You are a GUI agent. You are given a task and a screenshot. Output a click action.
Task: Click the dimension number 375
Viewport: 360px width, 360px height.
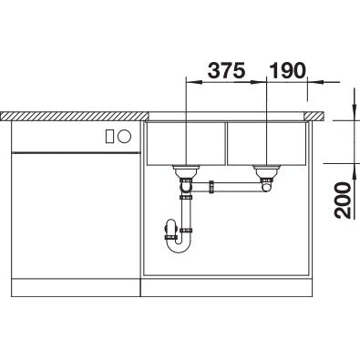point(226,70)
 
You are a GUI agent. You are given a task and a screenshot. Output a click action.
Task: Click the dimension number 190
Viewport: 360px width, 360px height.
point(286,70)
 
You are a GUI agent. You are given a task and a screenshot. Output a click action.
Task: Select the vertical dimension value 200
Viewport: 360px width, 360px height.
point(343,198)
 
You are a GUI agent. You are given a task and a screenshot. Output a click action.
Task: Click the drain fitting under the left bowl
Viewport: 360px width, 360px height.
point(187,171)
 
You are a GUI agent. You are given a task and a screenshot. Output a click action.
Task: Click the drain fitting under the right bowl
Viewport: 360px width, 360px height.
point(266,170)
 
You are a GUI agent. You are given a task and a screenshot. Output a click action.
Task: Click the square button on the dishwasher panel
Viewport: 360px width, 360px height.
point(110,137)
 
